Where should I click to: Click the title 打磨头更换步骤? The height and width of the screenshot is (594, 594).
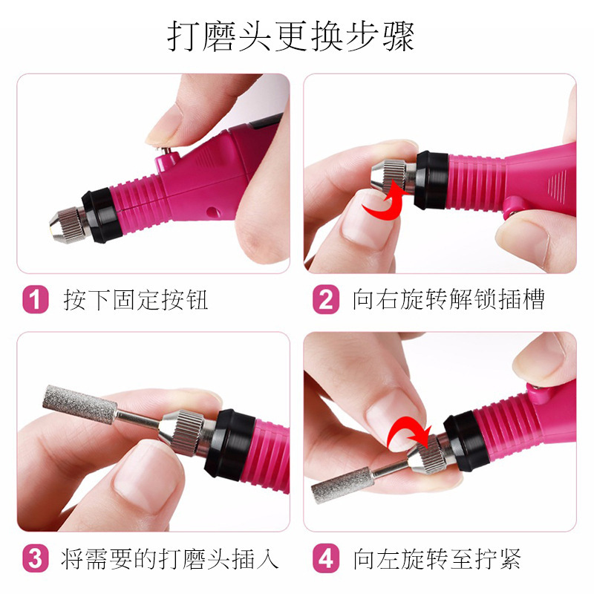290,36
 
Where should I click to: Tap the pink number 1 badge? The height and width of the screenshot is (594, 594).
36,299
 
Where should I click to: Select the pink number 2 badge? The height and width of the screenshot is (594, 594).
326,299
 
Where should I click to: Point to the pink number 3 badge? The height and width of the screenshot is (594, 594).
36,558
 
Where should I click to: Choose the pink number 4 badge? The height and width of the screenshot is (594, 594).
326,558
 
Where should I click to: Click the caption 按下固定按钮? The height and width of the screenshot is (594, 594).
136,300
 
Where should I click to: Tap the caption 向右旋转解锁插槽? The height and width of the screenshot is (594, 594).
448,299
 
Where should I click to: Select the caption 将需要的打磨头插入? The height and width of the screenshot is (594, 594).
170,559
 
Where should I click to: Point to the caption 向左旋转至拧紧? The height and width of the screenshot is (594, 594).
437,559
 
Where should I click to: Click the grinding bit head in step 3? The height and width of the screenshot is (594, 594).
79,405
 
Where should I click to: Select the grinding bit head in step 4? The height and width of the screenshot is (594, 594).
342,486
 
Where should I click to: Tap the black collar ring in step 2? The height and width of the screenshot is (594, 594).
432,180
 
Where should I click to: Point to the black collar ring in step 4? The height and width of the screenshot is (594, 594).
466,441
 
